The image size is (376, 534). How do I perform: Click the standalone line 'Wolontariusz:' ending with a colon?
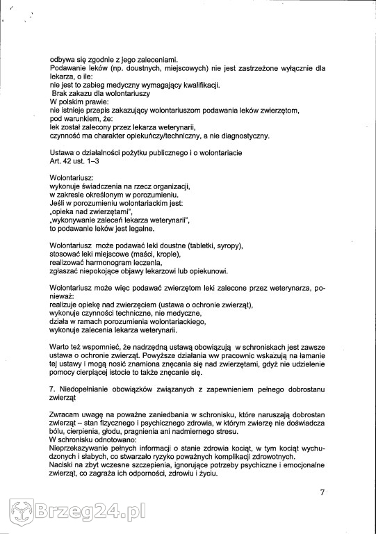(72, 178)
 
